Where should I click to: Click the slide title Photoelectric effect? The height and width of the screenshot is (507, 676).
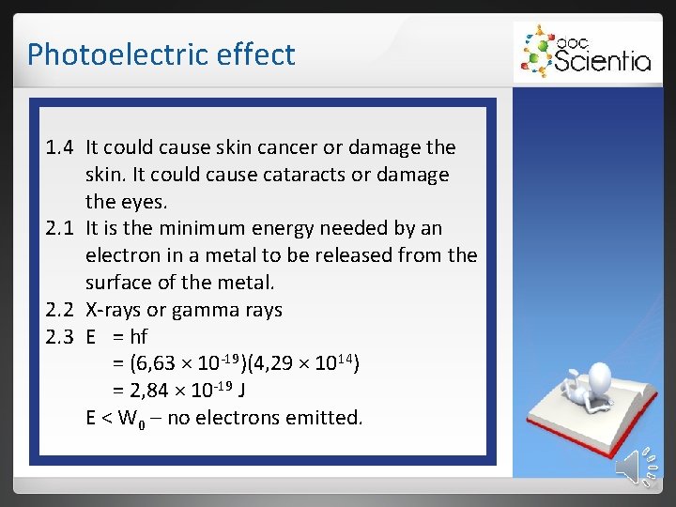161,54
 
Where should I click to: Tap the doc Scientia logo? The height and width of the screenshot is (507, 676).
583,53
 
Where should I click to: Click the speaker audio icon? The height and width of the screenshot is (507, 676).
638,467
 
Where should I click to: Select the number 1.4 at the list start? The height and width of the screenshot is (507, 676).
62,147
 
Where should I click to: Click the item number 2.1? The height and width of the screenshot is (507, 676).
62,228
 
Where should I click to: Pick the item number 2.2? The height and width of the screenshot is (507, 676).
62,310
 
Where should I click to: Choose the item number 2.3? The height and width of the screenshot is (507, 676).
62,337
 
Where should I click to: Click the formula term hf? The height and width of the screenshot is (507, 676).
137,337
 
